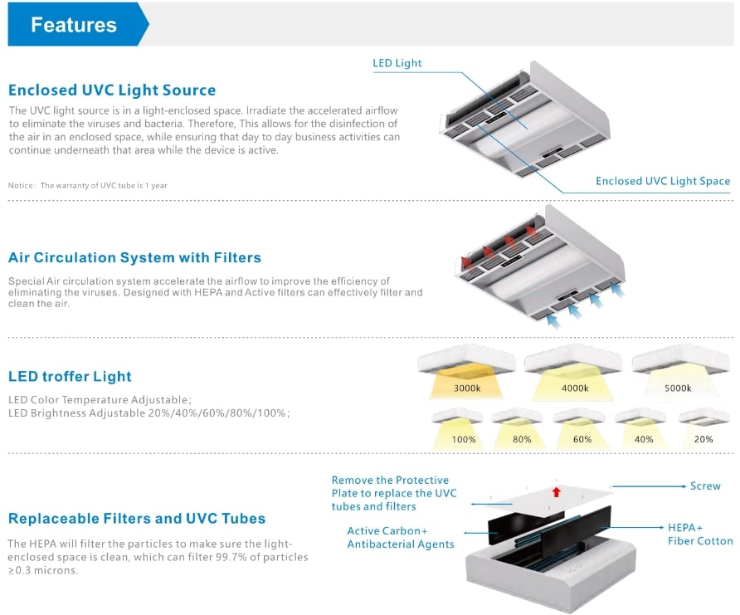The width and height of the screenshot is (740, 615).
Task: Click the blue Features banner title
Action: [x=74, y=25]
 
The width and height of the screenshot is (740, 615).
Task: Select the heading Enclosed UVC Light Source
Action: [x=112, y=90]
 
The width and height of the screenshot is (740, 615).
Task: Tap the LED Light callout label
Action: [x=397, y=63]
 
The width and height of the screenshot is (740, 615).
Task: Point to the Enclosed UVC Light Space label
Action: [x=663, y=181]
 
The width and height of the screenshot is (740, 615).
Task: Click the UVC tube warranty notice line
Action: [x=88, y=185]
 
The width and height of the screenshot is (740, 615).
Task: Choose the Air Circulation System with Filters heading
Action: [x=134, y=257]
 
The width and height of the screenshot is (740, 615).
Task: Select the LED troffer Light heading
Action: [x=70, y=376]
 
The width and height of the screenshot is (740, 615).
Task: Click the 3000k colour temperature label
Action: [x=468, y=388]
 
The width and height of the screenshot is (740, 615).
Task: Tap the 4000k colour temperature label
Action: [x=575, y=388]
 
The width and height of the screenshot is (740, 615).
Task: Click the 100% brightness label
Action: [x=464, y=439]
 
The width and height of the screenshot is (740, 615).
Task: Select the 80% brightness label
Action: [x=522, y=439]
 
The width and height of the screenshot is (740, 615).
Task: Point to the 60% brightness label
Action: [x=582, y=439]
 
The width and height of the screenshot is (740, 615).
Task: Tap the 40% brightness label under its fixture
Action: [x=644, y=439]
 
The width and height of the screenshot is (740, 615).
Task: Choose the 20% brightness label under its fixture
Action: [x=703, y=439]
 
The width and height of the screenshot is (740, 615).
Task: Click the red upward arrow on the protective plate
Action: [x=557, y=492]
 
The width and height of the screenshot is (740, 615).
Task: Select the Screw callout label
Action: [x=705, y=486]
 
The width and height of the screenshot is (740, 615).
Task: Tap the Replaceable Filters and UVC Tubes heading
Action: [x=137, y=519]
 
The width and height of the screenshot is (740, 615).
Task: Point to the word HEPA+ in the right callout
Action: [x=685, y=527]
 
